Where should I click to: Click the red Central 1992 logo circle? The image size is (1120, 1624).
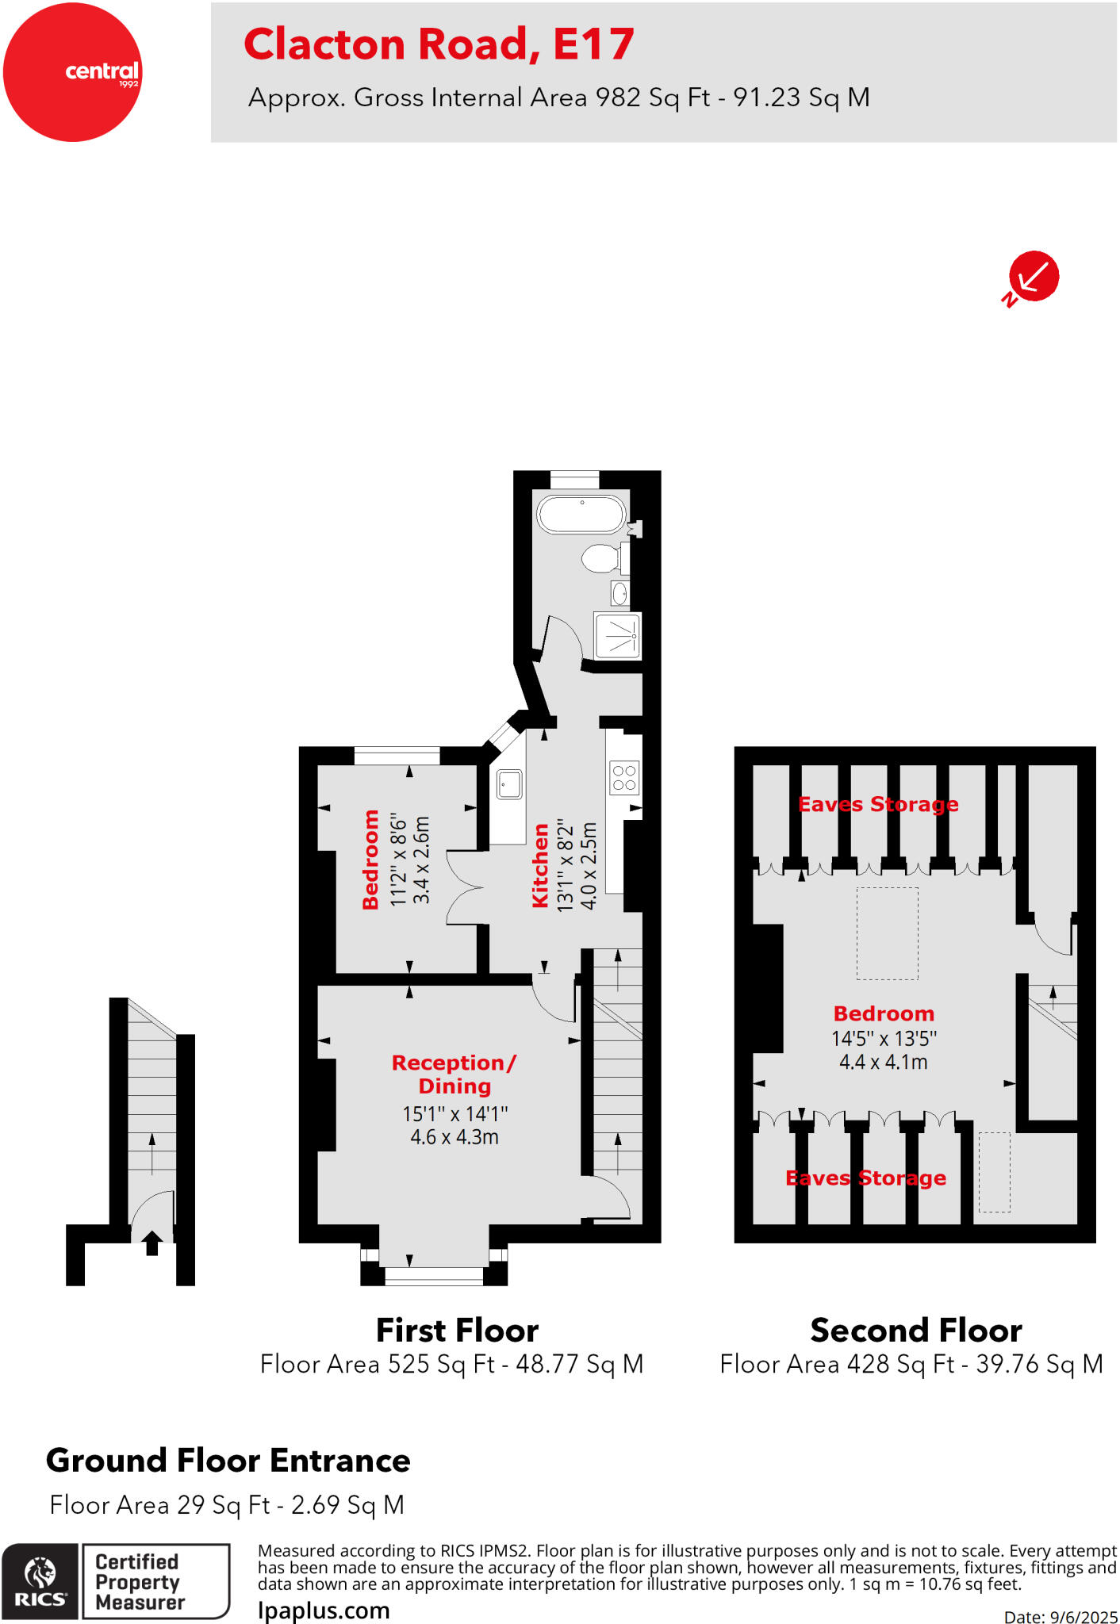pyautogui.click(x=72, y=72)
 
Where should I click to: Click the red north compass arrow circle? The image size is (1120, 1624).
pyautogui.click(x=1034, y=276)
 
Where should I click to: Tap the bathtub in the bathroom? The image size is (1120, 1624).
pyautogui.click(x=581, y=514)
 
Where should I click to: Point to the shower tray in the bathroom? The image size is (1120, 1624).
pyautogui.click(x=617, y=635)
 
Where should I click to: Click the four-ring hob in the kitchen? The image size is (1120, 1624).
pyautogui.click(x=624, y=777)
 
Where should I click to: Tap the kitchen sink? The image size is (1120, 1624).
pyautogui.click(x=508, y=785)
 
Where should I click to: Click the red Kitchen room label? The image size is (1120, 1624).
pyautogui.click(x=540, y=865)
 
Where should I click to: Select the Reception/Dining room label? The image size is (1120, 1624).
pyautogui.click(x=455, y=1074)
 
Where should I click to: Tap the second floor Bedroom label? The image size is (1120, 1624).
pyautogui.click(x=884, y=1013)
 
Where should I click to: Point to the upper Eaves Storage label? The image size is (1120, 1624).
pyautogui.click(x=878, y=804)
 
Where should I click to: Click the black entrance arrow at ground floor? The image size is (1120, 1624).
pyautogui.click(x=152, y=1242)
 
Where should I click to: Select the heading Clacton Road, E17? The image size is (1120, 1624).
pyautogui.click(x=439, y=44)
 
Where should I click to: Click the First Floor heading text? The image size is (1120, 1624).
pyautogui.click(x=457, y=1330)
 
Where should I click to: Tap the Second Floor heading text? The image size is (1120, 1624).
pyautogui.click(x=915, y=1330)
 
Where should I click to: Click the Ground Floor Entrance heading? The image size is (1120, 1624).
pyautogui.click(x=228, y=1460)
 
